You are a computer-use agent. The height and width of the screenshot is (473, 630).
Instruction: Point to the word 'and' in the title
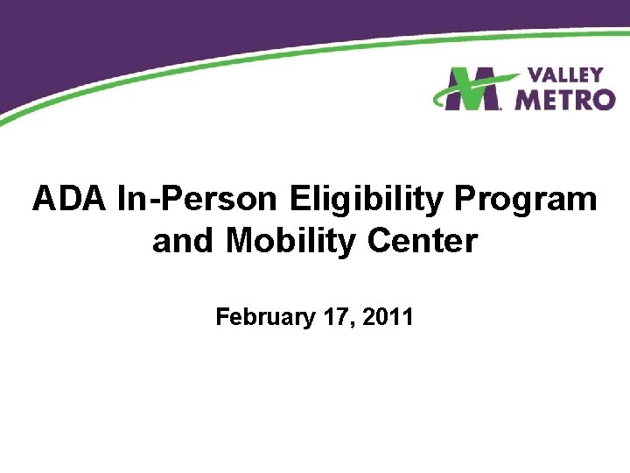(184, 240)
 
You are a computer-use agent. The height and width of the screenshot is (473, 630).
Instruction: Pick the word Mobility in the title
(288, 240)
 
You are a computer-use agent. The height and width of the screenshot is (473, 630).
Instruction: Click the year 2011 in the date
(388, 316)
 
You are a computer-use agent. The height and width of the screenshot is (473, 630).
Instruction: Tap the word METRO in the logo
(563, 100)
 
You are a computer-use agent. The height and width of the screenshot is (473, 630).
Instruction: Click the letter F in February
(222, 316)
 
